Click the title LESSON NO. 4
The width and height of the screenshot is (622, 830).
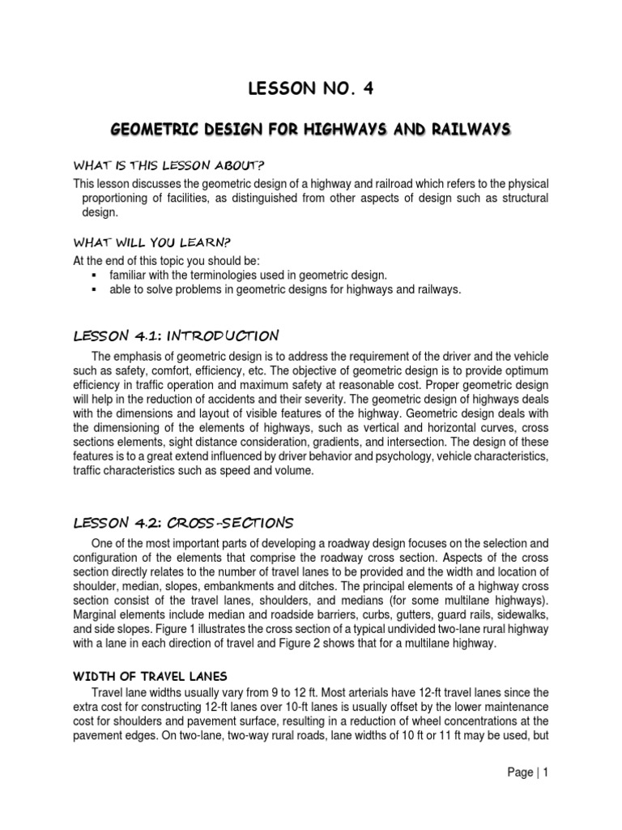(x=310, y=90)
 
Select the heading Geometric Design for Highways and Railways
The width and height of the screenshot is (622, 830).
(x=310, y=130)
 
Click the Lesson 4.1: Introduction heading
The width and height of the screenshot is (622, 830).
(x=176, y=336)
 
